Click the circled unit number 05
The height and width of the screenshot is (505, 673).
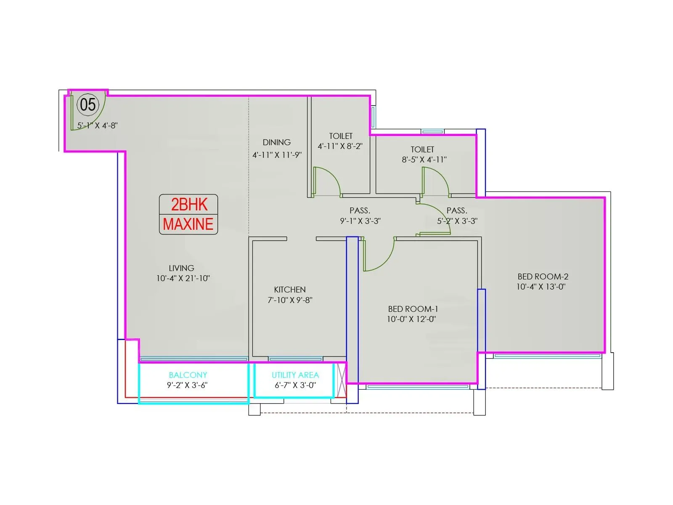(x=87, y=104)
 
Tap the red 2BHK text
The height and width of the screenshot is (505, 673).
(x=189, y=204)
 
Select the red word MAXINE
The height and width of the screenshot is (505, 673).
(x=188, y=224)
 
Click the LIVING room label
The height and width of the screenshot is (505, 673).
(x=182, y=268)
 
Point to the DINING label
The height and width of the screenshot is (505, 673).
(x=276, y=142)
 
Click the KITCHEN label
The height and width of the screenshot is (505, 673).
(x=290, y=290)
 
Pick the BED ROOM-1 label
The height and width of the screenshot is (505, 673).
(x=413, y=309)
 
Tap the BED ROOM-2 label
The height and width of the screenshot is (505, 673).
(x=543, y=276)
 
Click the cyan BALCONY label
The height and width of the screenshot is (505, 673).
(x=188, y=375)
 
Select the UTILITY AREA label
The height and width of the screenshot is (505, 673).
(x=295, y=375)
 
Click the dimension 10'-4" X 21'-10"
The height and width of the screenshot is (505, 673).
(x=183, y=278)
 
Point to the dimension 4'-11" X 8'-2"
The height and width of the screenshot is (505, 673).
(x=340, y=146)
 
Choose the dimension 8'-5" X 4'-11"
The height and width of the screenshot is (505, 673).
(x=424, y=159)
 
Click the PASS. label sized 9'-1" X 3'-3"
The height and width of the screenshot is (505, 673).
(x=360, y=210)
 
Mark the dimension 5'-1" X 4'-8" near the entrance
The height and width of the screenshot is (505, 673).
(x=98, y=125)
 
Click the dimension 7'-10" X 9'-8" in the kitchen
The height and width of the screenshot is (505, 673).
(x=290, y=300)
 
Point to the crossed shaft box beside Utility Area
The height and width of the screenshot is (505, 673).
(x=342, y=380)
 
